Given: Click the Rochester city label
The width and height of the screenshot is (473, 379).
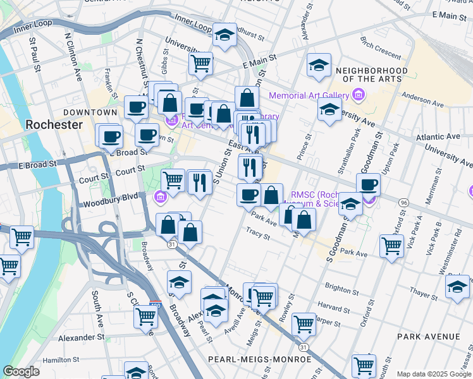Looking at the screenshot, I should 54,124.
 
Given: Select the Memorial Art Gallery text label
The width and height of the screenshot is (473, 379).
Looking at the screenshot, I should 309,95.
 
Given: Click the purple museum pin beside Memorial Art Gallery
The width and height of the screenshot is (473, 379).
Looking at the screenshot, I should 359,96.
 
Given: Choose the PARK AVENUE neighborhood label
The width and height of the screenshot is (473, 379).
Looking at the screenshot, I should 429,337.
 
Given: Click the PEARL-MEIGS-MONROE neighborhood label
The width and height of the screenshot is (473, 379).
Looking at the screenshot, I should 259,359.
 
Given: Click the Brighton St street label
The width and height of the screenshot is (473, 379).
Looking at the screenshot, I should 341,288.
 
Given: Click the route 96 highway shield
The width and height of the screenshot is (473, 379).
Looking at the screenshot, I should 403,202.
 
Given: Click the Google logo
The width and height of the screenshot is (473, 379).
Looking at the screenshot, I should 21,371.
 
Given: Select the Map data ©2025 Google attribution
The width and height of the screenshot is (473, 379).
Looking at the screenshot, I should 434,374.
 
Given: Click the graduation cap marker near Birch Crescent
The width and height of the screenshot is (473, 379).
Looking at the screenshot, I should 319,64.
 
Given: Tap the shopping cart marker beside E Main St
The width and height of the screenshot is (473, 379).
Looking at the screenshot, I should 200,62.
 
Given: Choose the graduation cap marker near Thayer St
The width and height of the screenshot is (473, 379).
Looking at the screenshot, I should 457,286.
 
